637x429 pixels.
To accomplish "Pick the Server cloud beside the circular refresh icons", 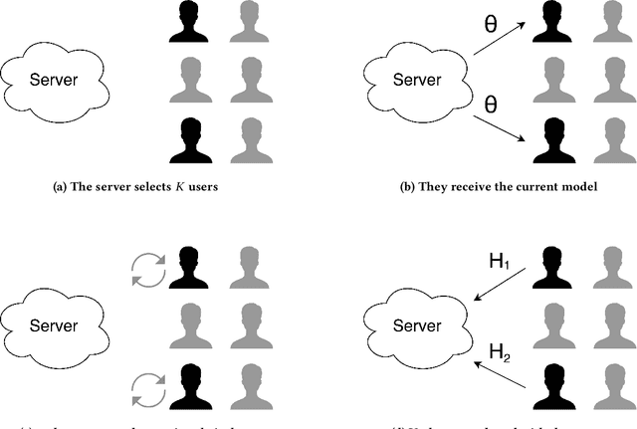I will pos(56,324).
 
